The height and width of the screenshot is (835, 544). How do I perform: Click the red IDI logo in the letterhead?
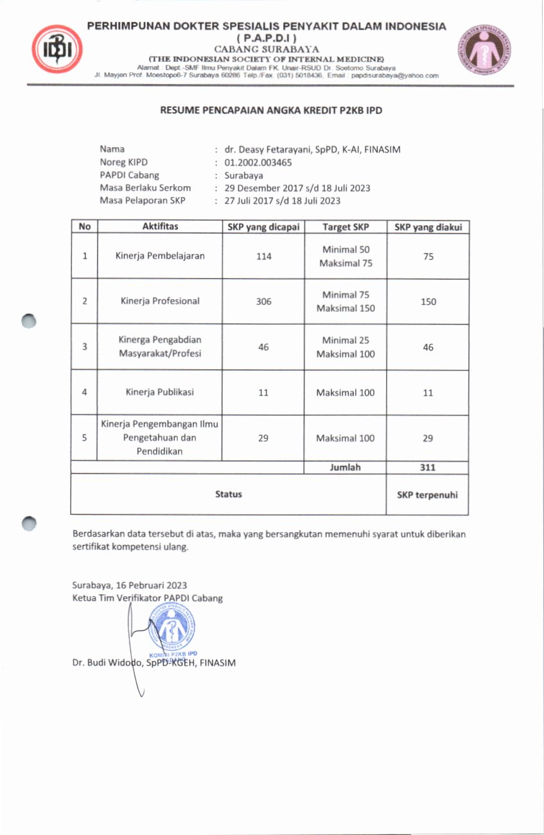point(57,49)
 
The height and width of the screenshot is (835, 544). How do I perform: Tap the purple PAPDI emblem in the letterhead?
point(484,51)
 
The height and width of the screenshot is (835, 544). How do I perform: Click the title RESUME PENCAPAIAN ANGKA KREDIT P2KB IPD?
point(272,110)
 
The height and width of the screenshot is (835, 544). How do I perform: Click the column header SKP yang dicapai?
point(263,227)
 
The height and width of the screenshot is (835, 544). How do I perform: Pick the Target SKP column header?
point(345,227)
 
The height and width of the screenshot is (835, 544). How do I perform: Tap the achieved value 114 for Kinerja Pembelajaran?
point(263,256)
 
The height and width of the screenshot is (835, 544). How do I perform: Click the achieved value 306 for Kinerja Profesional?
point(263,301)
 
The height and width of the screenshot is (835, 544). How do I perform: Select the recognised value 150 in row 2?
point(428,301)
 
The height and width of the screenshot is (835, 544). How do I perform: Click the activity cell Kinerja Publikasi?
point(160,392)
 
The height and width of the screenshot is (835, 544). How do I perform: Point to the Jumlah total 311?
point(428,467)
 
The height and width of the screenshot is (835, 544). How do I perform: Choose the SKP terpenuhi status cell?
point(428,494)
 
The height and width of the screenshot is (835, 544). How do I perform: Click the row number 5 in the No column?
point(85,438)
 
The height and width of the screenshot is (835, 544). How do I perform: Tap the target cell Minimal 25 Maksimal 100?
point(345,347)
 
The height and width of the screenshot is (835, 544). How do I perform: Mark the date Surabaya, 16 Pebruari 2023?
point(129,585)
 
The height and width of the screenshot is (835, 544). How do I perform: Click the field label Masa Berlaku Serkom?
point(145,187)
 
